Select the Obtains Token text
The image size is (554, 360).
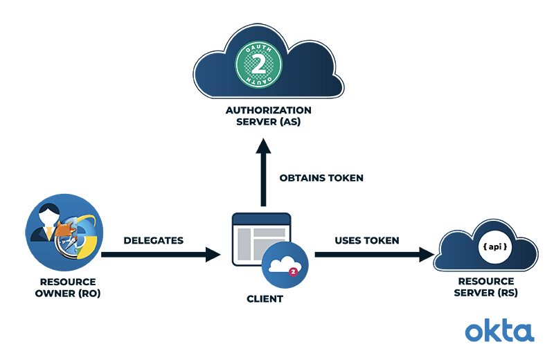[321, 178]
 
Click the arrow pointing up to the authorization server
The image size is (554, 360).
[263, 173]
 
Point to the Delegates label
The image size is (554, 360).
[153, 240]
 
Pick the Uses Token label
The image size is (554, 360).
[367, 240]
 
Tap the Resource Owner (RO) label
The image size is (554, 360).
[67, 287]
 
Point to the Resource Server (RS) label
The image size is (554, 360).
[485, 287]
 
